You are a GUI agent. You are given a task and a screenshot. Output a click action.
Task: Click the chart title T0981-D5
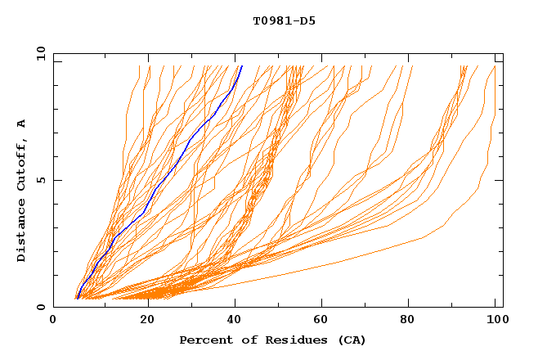pyautogui.click(x=284, y=20)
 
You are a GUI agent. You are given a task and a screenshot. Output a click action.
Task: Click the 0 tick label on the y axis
pyautogui.click(x=40, y=308)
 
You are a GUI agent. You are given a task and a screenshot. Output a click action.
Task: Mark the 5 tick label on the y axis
pyautogui.click(x=40, y=180)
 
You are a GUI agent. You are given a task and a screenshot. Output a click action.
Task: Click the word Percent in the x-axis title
pyautogui.click(x=201, y=340)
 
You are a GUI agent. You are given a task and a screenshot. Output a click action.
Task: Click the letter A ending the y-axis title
pyautogui.click(x=22, y=124)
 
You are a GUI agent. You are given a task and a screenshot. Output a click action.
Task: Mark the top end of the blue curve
pyautogui.click(x=241, y=65)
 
